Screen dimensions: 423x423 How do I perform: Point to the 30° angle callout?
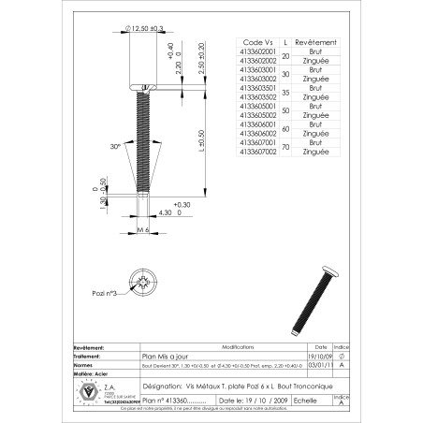click(115, 147)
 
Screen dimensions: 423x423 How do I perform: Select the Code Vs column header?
click(258, 43)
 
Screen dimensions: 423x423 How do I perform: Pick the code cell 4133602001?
click(258, 51)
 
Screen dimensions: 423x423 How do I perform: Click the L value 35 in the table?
click(285, 92)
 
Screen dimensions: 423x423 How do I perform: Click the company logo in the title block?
click(91, 390)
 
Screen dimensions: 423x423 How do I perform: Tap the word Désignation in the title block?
click(163, 385)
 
